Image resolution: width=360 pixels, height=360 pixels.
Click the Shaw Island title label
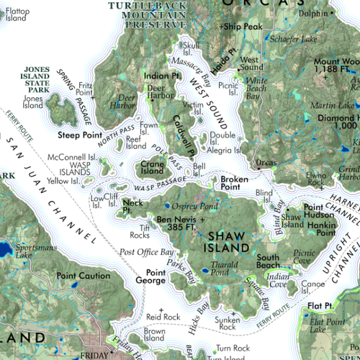(x=229, y=241)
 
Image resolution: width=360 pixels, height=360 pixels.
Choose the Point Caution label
(x=84, y=276)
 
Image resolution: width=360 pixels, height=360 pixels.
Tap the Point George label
(x=156, y=276)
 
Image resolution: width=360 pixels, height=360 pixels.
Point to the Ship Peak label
(x=243, y=27)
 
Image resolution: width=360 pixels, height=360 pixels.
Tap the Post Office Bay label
(x=147, y=252)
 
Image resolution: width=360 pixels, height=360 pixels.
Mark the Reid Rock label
(x=163, y=316)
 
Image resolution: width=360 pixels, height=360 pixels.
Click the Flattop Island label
(x=16, y=14)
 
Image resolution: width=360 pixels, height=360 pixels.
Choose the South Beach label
(x=268, y=261)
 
